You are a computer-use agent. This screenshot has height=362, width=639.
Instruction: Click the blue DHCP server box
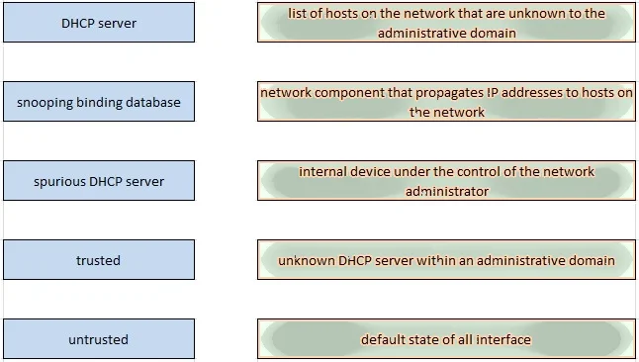99,23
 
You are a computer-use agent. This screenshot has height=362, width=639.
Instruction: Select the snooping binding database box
99,102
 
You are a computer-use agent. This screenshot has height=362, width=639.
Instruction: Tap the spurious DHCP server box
99,181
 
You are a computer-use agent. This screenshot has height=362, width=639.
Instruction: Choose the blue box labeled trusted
99,260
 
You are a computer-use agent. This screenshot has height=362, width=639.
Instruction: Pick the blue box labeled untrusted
99,339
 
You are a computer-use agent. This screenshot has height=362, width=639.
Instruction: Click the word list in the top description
297,13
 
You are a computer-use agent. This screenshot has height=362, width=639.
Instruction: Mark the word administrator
447,191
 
